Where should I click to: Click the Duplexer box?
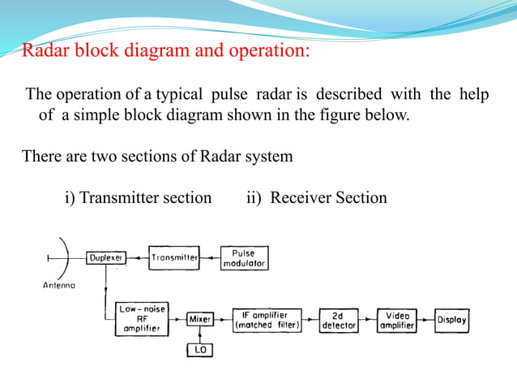(106, 257)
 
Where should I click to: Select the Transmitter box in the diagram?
(174, 257)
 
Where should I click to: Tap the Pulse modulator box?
(244, 258)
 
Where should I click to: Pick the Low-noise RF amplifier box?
(143, 320)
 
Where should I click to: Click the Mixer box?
(199, 320)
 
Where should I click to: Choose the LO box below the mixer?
(199, 350)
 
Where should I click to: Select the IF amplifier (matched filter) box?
(267, 320)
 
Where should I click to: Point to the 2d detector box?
(339, 320)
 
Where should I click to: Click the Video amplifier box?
(397, 320)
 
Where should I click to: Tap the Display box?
(451, 320)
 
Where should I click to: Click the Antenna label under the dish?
(59, 286)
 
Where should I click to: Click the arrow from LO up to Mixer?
(199, 334)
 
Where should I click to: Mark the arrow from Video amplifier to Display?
(425, 320)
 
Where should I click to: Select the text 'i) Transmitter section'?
(138, 197)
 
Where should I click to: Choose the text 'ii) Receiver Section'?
(316, 197)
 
